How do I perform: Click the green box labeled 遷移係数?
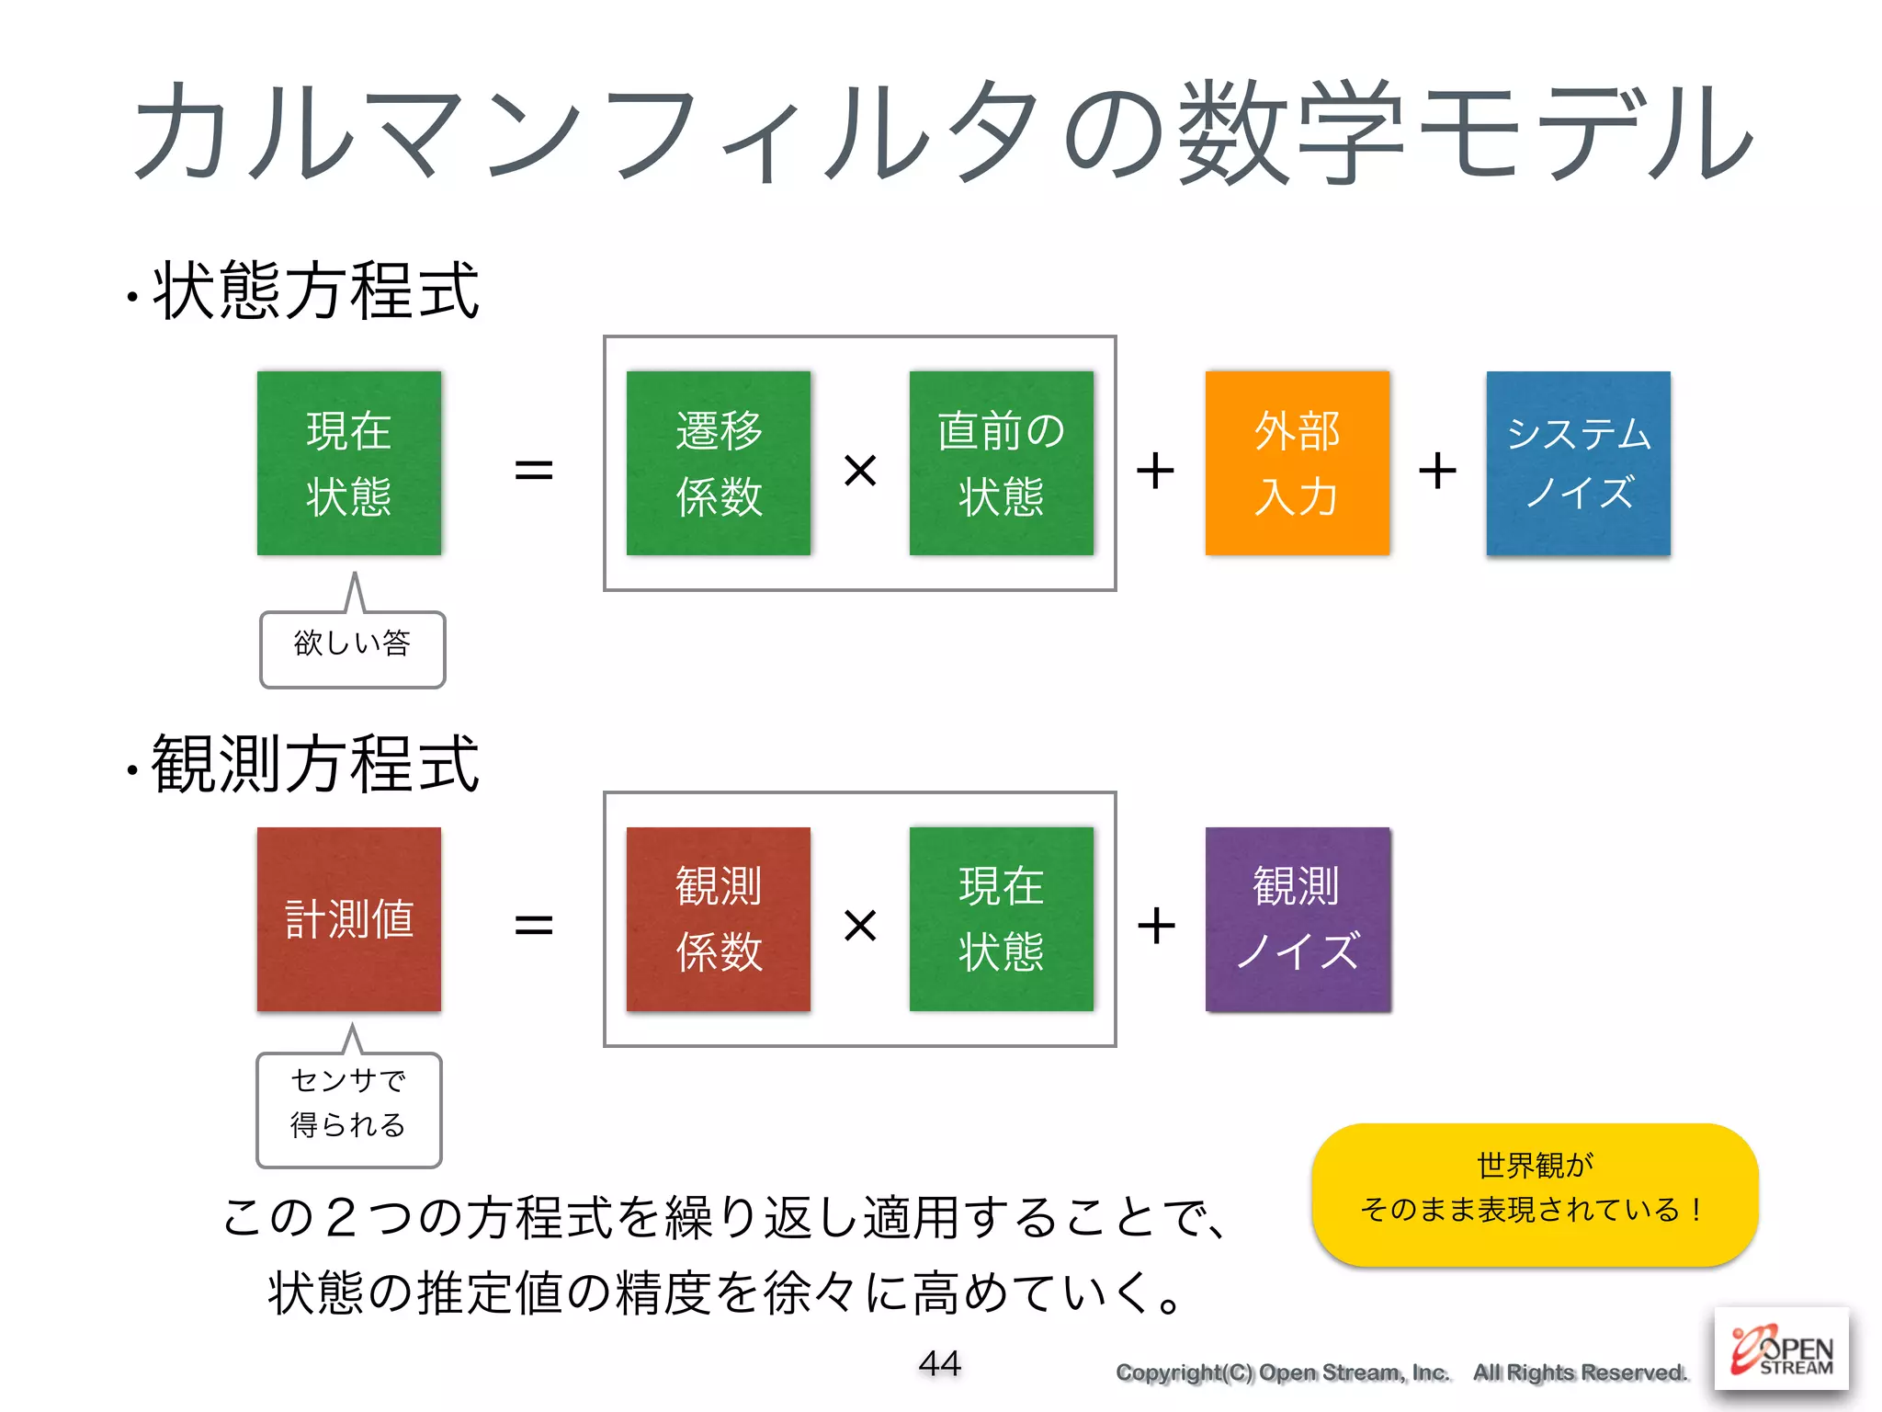(718, 462)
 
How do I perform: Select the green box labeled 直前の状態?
(1001, 462)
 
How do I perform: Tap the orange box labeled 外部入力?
(1297, 462)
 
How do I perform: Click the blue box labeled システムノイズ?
(1578, 462)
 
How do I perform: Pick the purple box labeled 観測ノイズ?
(1298, 918)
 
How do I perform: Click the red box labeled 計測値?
(349, 918)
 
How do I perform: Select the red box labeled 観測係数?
(718, 918)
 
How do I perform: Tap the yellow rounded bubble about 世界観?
(1535, 1193)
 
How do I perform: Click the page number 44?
(939, 1362)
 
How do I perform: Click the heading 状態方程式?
(315, 291)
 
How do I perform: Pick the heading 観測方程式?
(315, 764)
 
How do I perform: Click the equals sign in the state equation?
(533, 471)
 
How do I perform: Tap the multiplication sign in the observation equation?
(860, 925)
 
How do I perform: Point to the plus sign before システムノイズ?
(1437, 471)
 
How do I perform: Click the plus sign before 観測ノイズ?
(1156, 925)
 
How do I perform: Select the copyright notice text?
(1401, 1372)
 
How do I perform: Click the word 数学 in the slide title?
(1291, 133)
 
